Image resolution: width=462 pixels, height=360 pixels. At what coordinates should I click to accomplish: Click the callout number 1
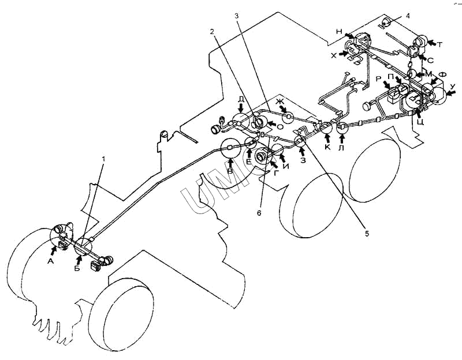point(103,159)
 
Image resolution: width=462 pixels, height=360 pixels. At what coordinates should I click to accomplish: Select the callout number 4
point(408,16)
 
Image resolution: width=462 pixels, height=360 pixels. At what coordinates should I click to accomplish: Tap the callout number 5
point(367,234)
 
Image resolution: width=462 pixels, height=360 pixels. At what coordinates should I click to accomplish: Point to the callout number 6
point(259,213)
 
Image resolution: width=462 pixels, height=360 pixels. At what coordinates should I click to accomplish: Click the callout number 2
point(211,31)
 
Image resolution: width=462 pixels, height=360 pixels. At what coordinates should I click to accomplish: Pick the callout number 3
point(237,16)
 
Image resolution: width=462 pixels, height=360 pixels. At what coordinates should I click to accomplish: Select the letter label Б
point(77,268)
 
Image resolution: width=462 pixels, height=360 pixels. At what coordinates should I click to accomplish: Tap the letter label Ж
point(279,102)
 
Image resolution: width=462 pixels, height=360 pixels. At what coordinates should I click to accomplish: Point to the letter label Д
point(241,99)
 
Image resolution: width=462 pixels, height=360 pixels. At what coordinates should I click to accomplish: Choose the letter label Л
point(341,147)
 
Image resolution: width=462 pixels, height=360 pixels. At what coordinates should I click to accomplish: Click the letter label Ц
point(420,122)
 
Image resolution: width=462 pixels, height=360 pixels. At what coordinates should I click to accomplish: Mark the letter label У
point(453,86)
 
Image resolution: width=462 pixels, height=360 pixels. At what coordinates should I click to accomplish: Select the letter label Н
point(340,31)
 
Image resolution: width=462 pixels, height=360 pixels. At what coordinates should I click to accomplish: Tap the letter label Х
point(333,55)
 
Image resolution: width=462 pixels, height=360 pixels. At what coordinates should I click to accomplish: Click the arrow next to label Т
point(431,43)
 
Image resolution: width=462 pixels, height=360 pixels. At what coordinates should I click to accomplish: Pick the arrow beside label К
point(327,137)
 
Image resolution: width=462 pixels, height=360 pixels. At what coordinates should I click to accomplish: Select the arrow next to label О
point(272,125)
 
